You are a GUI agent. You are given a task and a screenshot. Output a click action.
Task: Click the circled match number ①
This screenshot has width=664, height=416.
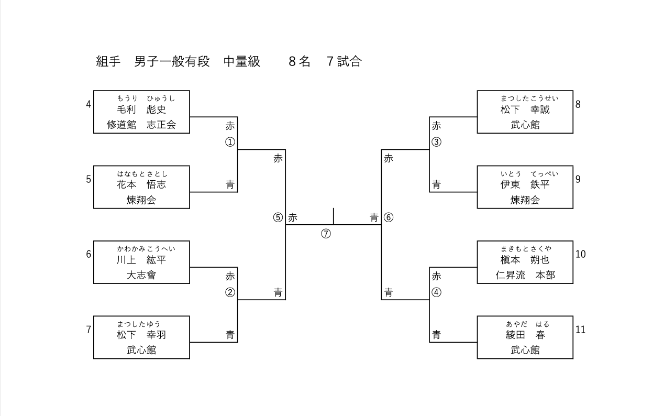pyautogui.click(x=230, y=143)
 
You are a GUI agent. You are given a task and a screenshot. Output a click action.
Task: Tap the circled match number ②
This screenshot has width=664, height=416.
pyautogui.click(x=230, y=293)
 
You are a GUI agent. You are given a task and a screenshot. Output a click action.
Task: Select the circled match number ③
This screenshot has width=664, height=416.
pyautogui.click(x=436, y=143)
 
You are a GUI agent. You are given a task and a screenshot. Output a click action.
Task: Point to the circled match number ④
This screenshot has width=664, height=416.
pyautogui.click(x=436, y=293)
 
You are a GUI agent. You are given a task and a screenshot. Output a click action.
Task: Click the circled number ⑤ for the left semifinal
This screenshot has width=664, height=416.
pyautogui.click(x=278, y=218)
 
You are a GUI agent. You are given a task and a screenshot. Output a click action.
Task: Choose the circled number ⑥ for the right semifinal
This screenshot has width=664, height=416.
pyautogui.click(x=389, y=218)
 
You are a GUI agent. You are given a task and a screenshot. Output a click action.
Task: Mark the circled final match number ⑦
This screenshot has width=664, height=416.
pyautogui.click(x=326, y=234)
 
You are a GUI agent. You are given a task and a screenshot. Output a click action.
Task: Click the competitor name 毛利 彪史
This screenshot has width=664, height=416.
pyautogui.click(x=141, y=110)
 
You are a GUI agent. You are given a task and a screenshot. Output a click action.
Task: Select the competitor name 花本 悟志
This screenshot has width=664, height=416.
pyautogui.click(x=141, y=184)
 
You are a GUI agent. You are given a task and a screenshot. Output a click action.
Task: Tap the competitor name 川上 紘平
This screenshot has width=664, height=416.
pyautogui.click(x=141, y=260)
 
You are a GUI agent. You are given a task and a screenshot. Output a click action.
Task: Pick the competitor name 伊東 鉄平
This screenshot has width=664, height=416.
pyautogui.click(x=525, y=184)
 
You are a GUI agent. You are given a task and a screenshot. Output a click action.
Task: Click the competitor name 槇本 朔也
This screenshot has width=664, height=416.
pyautogui.click(x=525, y=260)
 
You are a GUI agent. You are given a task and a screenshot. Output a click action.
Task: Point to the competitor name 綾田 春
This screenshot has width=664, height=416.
pyautogui.click(x=525, y=335)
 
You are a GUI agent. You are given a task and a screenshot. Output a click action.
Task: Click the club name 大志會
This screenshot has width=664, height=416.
pyautogui.click(x=141, y=275)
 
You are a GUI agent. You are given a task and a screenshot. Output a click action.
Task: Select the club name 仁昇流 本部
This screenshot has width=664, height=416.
pyautogui.click(x=525, y=275)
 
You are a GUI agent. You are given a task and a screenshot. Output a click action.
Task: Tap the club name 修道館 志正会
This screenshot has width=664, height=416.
pyautogui.click(x=141, y=125)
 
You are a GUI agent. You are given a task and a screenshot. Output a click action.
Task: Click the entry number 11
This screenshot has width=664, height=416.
pyautogui.click(x=580, y=330)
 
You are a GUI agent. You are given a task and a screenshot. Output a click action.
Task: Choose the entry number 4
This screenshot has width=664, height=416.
pyautogui.click(x=88, y=104)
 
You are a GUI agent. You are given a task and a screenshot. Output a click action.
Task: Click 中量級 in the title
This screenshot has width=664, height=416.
pyautogui.click(x=242, y=61)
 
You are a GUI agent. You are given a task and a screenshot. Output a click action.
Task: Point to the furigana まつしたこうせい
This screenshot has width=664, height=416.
pyautogui.click(x=529, y=98)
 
